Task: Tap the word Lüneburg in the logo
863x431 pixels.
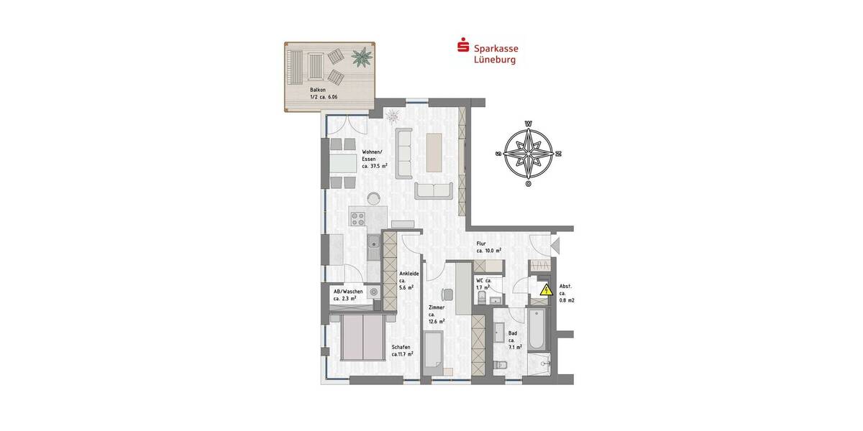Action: click(496, 60)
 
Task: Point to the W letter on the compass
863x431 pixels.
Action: click(529, 124)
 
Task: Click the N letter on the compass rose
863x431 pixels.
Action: click(559, 153)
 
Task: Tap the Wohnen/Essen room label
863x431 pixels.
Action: click(374, 154)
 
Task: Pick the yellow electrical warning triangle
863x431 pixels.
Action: click(546, 291)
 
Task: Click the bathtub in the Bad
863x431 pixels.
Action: click(536, 330)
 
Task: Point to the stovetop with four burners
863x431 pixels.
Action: click(358, 218)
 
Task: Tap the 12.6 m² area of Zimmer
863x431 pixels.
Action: click(437, 322)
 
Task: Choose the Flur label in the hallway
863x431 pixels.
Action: click(481, 244)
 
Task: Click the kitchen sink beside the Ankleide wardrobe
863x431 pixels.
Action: click(373, 249)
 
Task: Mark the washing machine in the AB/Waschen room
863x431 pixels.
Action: click(373, 292)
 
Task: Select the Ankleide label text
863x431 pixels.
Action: click(408, 274)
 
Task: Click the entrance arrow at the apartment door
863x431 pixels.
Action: click(555, 246)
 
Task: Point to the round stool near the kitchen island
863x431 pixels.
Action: click(373, 197)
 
